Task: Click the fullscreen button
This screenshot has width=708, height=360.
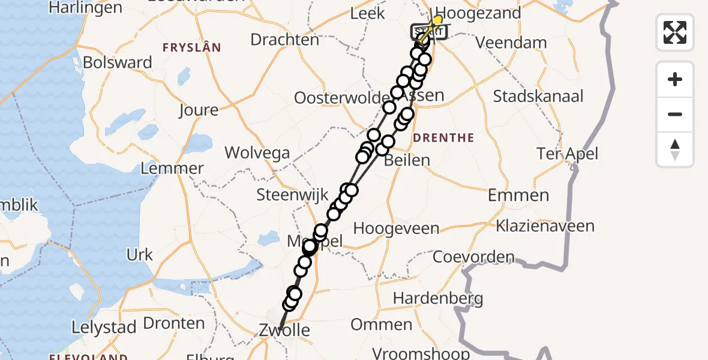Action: tap(675, 32)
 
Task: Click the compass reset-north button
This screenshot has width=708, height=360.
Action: tap(675, 149)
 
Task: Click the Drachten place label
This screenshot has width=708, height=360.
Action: tap(284, 40)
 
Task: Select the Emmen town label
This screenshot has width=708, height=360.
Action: tap(518, 195)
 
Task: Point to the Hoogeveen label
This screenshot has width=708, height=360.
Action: tap(396, 229)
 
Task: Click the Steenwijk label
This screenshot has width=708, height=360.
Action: tap(292, 194)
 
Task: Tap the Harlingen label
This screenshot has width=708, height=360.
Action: tap(85, 8)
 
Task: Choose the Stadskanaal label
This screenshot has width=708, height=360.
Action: tap(538, 96)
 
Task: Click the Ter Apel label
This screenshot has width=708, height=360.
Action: tap(567, 154)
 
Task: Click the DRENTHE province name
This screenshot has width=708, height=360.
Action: tap(444, 138)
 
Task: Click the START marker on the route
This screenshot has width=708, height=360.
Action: tap(427, 32)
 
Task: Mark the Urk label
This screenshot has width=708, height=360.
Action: tap(139, 255)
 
